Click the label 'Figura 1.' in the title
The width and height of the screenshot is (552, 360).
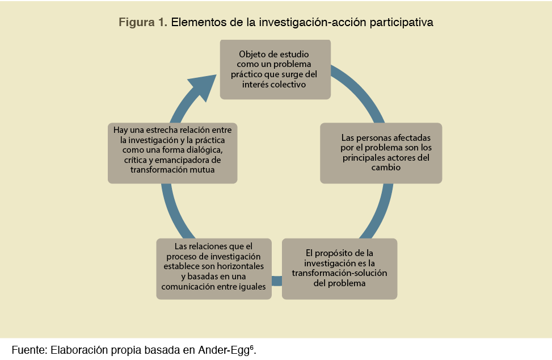click(x=142, y=23)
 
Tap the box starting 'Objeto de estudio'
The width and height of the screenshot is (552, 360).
click(x=275, y=69)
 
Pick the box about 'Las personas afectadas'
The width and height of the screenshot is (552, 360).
click(x=381, y=153)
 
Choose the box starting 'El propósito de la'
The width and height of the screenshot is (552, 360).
click(x=339, y=268)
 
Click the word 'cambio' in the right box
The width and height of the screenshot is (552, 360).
click(x=386, y=168)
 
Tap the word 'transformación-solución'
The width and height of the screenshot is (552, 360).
click(x=339, y=273)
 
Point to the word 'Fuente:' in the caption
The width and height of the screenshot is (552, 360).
click(x=28, y=349)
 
